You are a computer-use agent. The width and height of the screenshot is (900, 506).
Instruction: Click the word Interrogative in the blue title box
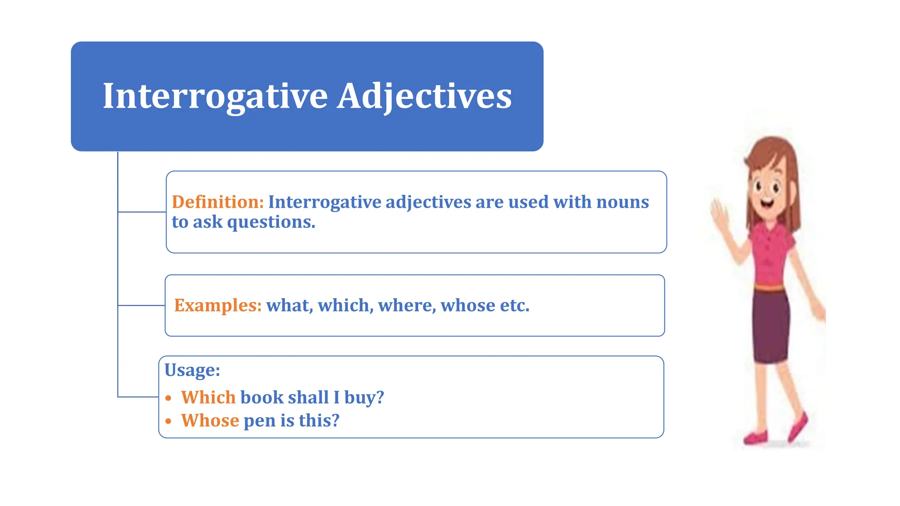(x=215, y=96)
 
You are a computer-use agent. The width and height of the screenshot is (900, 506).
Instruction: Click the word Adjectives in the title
(x=424, y=96)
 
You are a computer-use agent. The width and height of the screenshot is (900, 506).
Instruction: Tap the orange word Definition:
(x=218, y=202)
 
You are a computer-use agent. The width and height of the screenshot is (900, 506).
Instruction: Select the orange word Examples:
(x=218, y=305)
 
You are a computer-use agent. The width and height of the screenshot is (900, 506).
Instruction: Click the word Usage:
(x=192, y=370)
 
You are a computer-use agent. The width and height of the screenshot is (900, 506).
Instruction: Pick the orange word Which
(x=208, y=398)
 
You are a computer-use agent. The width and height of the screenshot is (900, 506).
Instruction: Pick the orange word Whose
(x=210, y=421)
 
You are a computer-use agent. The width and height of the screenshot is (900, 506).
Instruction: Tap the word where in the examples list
(x=406, y=305)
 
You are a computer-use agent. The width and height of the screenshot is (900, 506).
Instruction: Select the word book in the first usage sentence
(x=262, y=398)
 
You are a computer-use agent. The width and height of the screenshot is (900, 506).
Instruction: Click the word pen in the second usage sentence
(x=260, y=421)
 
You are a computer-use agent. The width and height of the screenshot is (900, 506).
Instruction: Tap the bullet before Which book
(x=168, y=398)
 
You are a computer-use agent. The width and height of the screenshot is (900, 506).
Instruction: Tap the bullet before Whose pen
(x=168, y=421)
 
